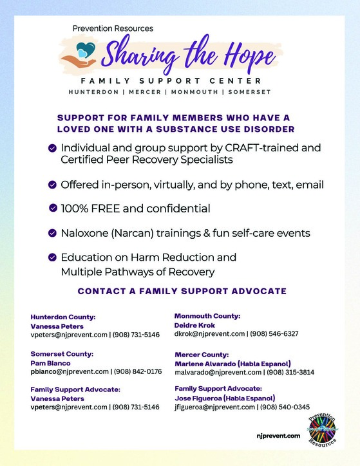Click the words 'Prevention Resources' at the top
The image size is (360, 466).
113,28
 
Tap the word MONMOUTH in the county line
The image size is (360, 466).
193,92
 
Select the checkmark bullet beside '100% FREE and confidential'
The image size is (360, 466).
53,208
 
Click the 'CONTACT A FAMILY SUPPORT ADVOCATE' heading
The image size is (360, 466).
182,292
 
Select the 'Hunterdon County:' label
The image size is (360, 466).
63,317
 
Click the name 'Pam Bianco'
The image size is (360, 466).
52,362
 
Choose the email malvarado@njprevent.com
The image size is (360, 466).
218,372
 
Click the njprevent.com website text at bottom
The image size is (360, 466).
278,436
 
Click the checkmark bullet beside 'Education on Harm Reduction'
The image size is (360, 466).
53,257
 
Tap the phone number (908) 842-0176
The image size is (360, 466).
138,371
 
